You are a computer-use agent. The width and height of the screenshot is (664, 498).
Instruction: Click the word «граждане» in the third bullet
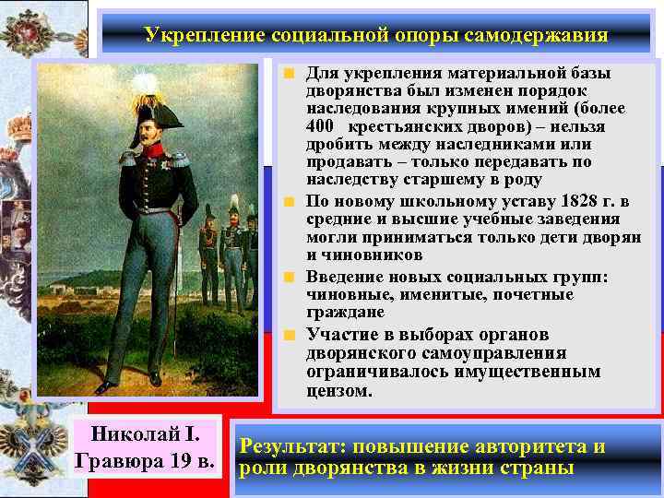(x=342, y=314)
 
